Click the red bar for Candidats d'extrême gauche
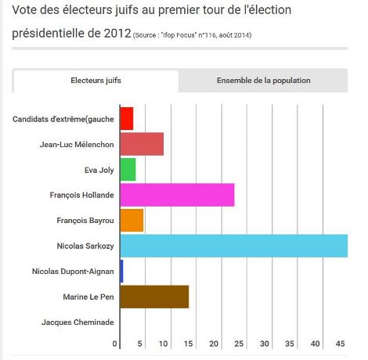(x=126, y=119)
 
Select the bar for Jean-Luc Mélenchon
(x=142, y=145)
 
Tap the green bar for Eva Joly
(x=128, y=170)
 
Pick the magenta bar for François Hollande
(x=177, y=195)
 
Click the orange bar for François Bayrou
(x=132, y=221)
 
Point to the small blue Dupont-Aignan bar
(x=121, y=272)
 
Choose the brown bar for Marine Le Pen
(x=154, y=297)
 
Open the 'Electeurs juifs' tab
(x=96, y=81)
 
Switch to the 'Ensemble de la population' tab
(x=263, y=81)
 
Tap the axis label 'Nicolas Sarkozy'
(x=85, y=246)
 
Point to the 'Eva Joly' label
(x=99, y=170)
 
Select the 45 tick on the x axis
(x=341, y=344)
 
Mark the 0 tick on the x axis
(x=115, y=344)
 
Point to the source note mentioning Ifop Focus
(x=193, y=35)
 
